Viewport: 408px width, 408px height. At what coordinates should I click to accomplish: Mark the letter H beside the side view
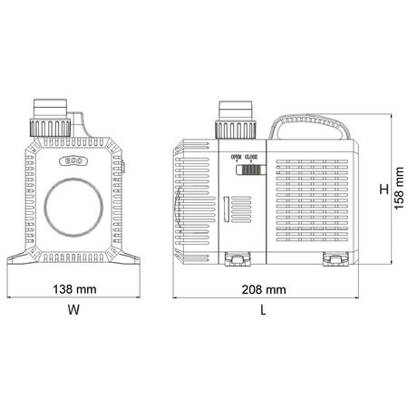(x=384, y=189)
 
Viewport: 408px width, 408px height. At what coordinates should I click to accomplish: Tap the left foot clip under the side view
(x=237, y=261)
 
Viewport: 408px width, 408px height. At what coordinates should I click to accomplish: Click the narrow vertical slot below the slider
(x=225, y=212)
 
